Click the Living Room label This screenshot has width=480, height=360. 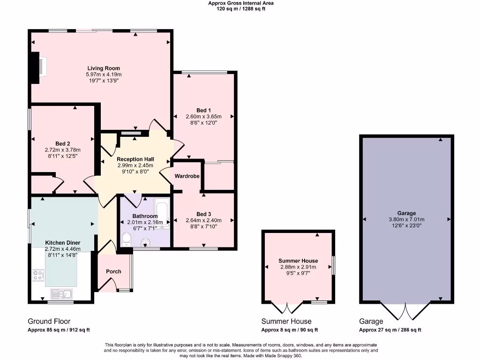click(x=103, y=68)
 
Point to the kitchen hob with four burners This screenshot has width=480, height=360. click(x=37, y=276)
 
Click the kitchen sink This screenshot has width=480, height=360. click(x=61, y=294)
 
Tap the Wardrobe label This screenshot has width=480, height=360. click(x=187, y=176)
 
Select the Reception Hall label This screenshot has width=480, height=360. click(x=135, y=159)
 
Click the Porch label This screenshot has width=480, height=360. click(x=113, y=271)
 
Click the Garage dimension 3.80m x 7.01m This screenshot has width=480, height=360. click(x=406, y=219)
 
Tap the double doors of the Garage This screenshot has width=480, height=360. click(x=405, y=311)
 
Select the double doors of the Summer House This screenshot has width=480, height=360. click(x=288, y=308)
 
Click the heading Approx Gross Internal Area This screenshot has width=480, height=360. click(x=241, y=3)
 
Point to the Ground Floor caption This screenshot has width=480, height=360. click(x=49, y=322)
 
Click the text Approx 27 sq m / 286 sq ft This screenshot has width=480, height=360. click(x=390, y=330)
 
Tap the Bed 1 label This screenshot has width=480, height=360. click(x=203, y=110)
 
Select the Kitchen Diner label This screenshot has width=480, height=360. click(x=62, y=242)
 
